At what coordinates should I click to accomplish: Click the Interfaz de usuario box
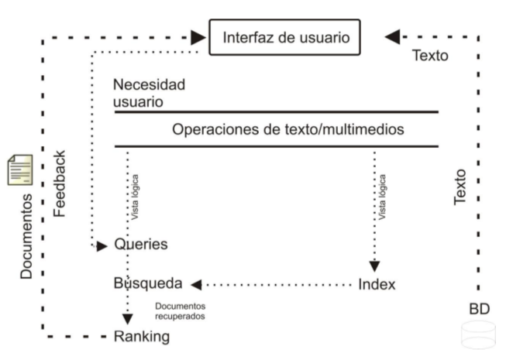285,37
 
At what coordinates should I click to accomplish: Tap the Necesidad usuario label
149,93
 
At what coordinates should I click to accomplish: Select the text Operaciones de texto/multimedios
287,129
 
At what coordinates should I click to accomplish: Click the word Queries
140,244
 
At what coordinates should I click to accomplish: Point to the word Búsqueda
147,283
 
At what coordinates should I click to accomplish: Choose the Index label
377,284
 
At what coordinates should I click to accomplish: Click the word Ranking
141,336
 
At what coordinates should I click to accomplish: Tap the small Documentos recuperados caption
181,311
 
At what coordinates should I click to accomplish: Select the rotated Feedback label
61,183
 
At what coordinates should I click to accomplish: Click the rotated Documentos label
26,236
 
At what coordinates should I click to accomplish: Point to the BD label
479,309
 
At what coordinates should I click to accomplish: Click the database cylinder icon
478,335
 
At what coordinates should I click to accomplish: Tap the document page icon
20,170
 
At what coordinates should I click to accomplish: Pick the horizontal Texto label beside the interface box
429,56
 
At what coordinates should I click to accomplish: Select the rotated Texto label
460,187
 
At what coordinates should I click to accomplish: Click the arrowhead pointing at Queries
102,246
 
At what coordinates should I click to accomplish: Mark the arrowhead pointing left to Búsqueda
197,284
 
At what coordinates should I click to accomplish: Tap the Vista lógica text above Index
383,198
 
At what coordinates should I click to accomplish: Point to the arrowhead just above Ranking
128,318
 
